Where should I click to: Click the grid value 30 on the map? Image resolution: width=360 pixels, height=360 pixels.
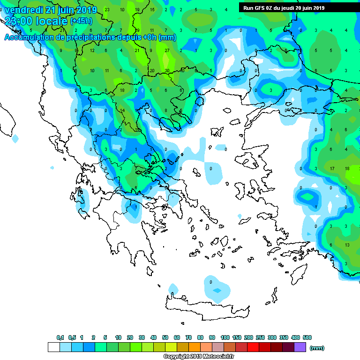click(166, 71)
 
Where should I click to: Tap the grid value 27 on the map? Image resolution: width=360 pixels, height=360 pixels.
click(166, 51)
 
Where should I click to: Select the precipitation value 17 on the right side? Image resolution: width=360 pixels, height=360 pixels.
click(331, 168)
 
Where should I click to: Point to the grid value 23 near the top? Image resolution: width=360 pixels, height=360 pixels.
click(107, 9)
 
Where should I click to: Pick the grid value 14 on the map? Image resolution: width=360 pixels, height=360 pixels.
click(122, 111)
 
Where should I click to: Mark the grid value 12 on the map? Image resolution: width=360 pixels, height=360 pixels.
click(92, 51)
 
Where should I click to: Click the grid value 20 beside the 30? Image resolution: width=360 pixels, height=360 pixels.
click(151, 71)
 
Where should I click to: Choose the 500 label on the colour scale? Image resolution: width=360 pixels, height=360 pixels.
click(307, 337)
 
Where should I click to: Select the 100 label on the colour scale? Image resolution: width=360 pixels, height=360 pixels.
click(225, 337)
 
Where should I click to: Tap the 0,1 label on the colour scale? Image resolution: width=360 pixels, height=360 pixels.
click(60, 337)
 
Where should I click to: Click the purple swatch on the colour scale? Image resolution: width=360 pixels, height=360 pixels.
click(300, 347)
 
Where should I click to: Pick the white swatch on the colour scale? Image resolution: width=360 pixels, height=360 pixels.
click(54, 347)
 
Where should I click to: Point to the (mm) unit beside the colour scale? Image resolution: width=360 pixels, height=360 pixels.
click(317, 348)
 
